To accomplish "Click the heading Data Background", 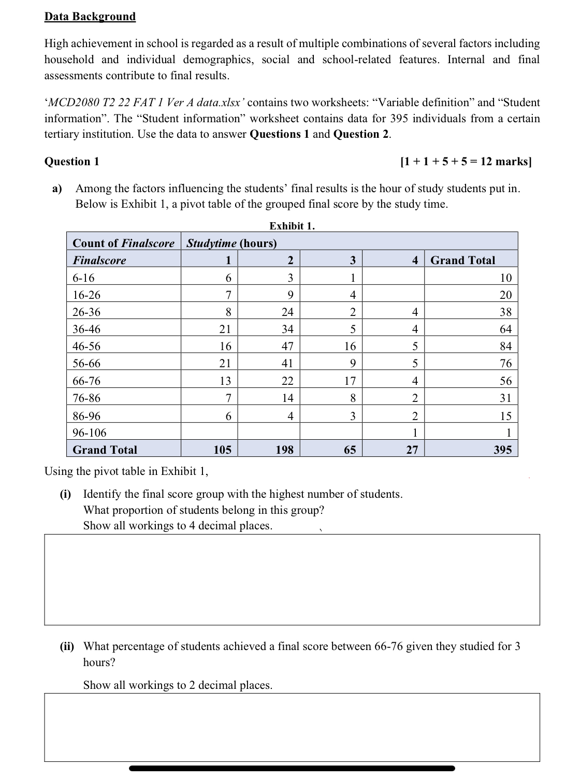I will (x=90, y=17).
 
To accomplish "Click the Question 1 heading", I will (x=71, y=162).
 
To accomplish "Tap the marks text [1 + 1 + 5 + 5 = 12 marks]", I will (x=466, y=162).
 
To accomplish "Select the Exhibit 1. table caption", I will (x=292, y=226).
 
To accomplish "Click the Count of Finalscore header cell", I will (x=123, y=243).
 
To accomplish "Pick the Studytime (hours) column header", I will (x=231, y=243).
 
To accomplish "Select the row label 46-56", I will (x=87, y=346).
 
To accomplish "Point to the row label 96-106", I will (x=90, y=432).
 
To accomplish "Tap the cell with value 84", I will (x=505, y=346).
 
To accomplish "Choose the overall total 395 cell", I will (x=502, y=450).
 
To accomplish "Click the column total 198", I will (x=284, y=450).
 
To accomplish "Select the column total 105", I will (x=223, y=450).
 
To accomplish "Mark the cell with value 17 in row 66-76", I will (x=350, y=381).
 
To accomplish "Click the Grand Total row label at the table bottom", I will (x=105, y=450).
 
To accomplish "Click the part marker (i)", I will (x=66, y=494).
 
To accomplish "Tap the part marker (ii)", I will (x=67, y=646).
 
